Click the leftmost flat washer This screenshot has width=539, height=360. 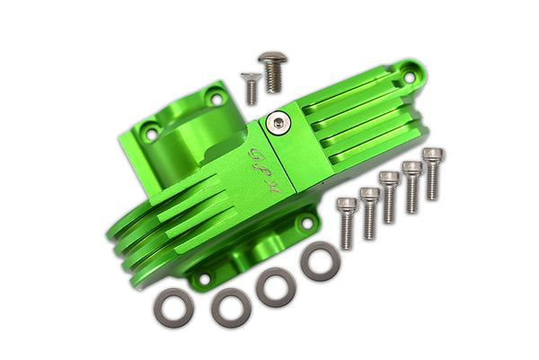point(173,308)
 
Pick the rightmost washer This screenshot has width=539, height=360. point(320,260)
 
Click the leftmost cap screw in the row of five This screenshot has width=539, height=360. point(347,222)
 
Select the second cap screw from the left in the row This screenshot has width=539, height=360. point(369,212)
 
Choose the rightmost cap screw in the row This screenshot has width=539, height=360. point(433,173)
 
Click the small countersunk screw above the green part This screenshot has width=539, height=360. point(252,87)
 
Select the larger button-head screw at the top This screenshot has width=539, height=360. point(272,71)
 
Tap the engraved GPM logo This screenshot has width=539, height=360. point(265,171)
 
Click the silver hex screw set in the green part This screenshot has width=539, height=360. point(281,122)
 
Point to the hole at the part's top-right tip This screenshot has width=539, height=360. point(410,77)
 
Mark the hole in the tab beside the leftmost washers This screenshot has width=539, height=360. point(204,277)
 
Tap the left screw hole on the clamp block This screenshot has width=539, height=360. point(152,134)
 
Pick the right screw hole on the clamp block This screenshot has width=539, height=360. point(216,97)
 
